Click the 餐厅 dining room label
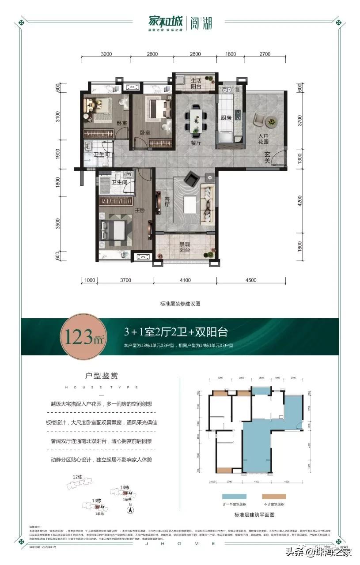[196, 143]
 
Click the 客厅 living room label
[167, 202]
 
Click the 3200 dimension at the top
[106, 55]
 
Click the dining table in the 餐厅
[196, 120]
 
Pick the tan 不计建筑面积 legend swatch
[274, 497]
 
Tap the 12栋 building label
[78, 477]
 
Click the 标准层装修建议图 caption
[180, 303]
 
